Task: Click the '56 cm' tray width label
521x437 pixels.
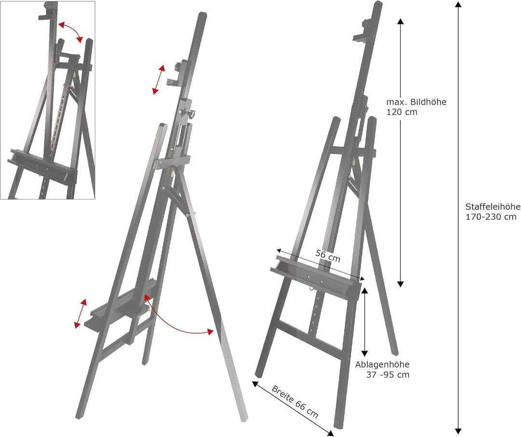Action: point(328,256)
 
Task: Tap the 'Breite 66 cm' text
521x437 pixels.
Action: point(295,401)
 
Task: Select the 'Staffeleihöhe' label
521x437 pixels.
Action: point(493,206)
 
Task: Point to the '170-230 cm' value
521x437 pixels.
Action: point(491,217)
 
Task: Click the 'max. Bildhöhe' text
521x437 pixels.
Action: point(416,102)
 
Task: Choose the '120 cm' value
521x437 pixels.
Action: point(401,112)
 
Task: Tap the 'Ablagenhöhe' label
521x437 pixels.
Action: point(382,365)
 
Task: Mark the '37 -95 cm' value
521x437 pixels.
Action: point(389,375)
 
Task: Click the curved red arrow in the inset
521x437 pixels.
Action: point(70,31)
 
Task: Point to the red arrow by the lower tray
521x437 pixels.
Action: point(81,314)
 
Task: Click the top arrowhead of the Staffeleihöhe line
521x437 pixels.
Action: point(458,4)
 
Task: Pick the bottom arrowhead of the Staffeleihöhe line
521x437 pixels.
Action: point(458,431)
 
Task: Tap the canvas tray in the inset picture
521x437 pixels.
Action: point(42,167)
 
